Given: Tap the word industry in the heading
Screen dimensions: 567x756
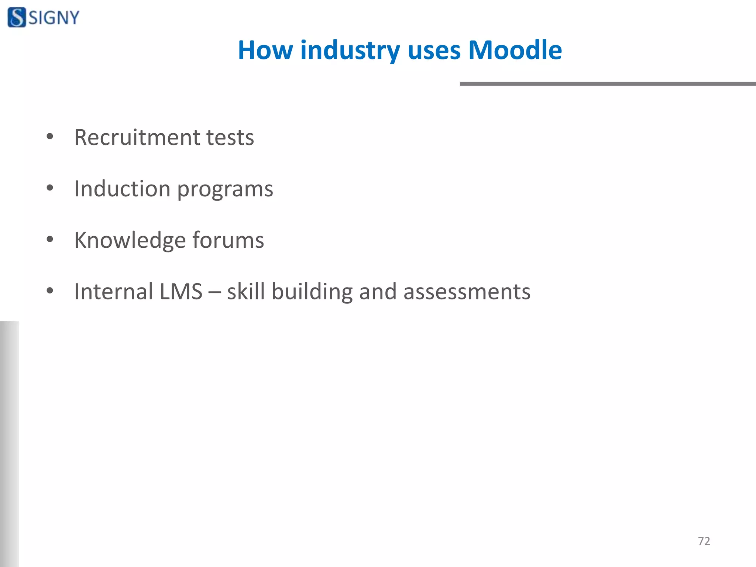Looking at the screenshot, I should (x=350, y=51).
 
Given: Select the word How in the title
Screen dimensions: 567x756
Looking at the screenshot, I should (x=265, y=50).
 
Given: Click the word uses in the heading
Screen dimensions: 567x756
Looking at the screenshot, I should (x=434, y=51).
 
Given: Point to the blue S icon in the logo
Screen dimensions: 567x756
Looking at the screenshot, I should (x=17, y=17).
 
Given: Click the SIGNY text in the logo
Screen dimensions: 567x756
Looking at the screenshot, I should (x=54, y=18).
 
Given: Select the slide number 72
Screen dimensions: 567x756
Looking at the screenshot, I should (x=704, y=541).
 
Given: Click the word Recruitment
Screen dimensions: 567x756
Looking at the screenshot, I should (x=137, y=137).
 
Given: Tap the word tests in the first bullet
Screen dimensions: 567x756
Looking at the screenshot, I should (x=230, y=138).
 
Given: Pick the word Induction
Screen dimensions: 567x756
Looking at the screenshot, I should (x=122, y=189).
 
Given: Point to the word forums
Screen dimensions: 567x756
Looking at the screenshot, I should (x=228, y=240).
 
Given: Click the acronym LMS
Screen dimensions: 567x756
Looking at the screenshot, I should (x=181, y=292).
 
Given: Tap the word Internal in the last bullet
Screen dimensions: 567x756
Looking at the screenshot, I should (x=113, y=292).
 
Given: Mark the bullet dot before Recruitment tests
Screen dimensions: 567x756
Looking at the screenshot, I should (x=50, y=137).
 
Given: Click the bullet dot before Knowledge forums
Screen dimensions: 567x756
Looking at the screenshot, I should (x=50, y=240).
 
